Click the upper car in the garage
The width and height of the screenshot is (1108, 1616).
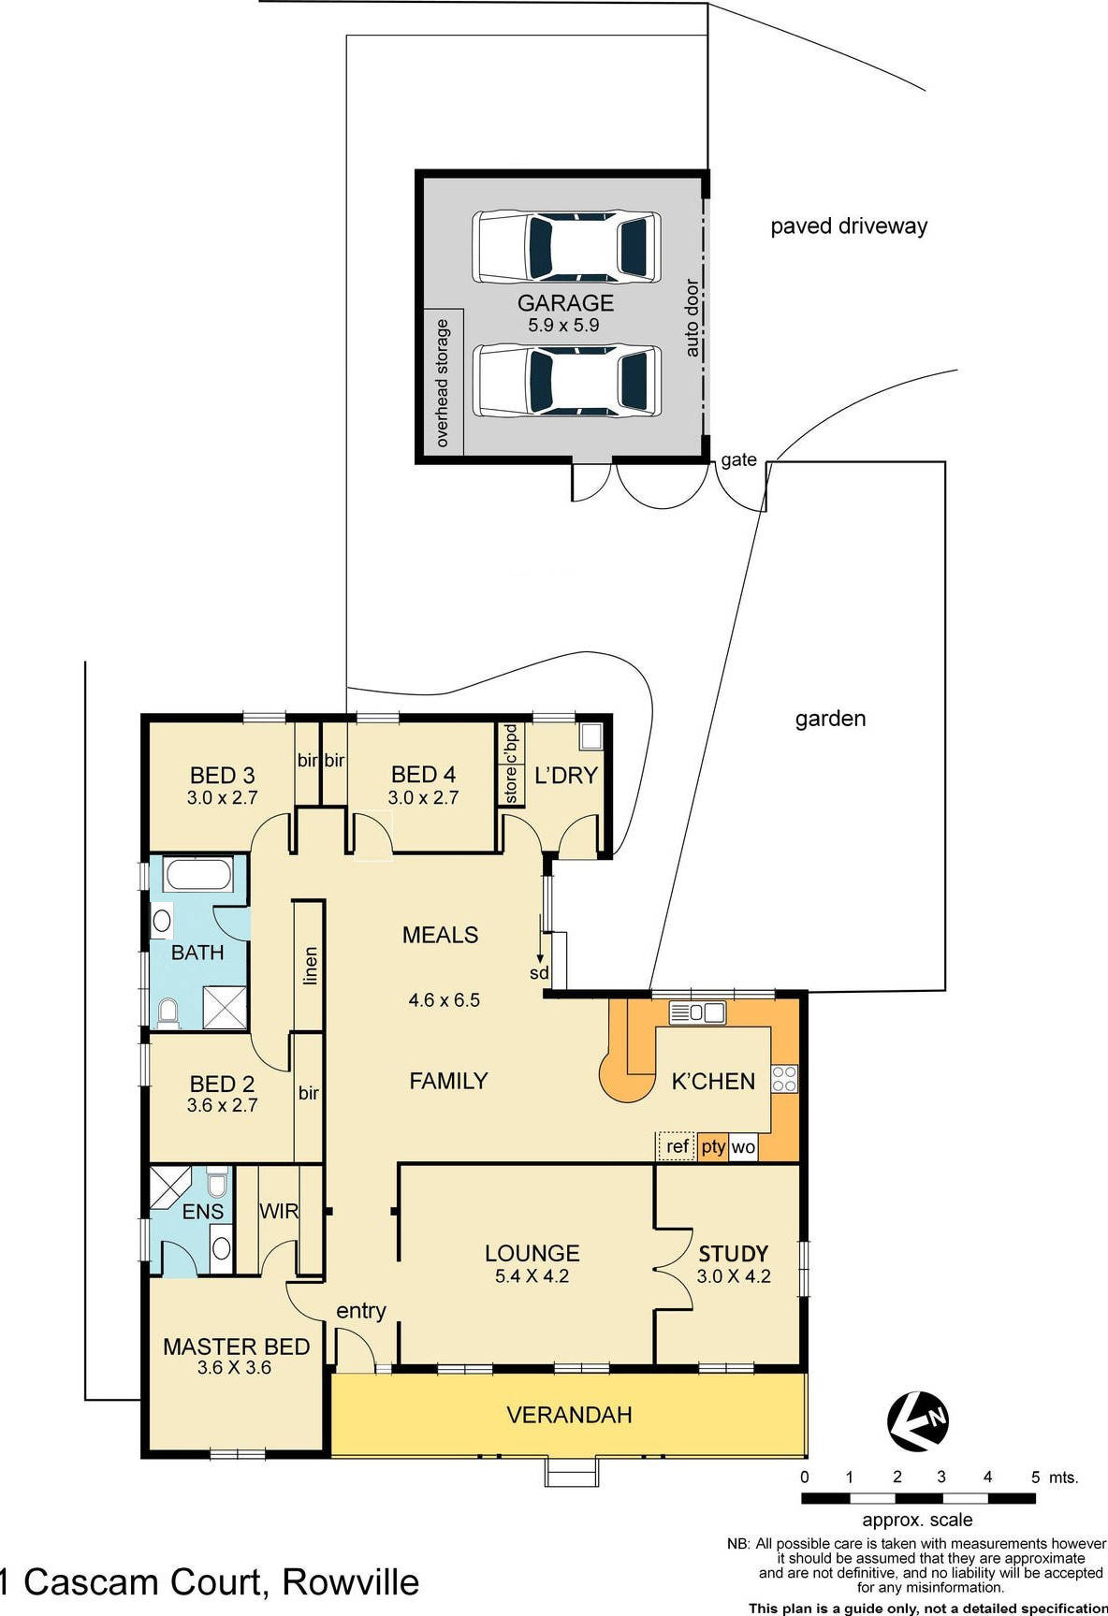click(566, 247)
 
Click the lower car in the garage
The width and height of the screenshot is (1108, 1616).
click(566, 380)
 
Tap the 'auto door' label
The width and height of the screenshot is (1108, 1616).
click(692, 317)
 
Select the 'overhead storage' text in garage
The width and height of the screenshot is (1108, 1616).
click(443, 383)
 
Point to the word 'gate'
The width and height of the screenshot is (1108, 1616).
click(738, 459)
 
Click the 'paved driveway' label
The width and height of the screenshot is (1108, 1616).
click(849, 226)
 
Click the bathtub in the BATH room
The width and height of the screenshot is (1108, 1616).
click(197, 877)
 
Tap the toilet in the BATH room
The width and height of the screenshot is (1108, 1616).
click(168, 1012)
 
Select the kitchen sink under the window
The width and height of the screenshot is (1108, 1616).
click(698, 1012)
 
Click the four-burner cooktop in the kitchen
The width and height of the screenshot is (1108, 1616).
click(783, 1079)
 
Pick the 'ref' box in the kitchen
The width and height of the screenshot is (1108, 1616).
click(677, 1146)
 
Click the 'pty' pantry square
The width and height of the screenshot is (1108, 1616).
click(713, 1146)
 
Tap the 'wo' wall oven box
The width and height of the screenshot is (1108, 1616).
click(743, 1147)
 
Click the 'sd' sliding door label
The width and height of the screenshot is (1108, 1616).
click(539, 973)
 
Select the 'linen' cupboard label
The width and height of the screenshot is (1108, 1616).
click(311, 966)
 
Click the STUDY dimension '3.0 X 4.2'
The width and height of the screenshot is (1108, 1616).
click(734, 1276)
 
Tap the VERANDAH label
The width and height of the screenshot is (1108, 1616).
click(569, 1415)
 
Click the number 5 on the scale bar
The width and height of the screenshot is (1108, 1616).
click(1035, 1478)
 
